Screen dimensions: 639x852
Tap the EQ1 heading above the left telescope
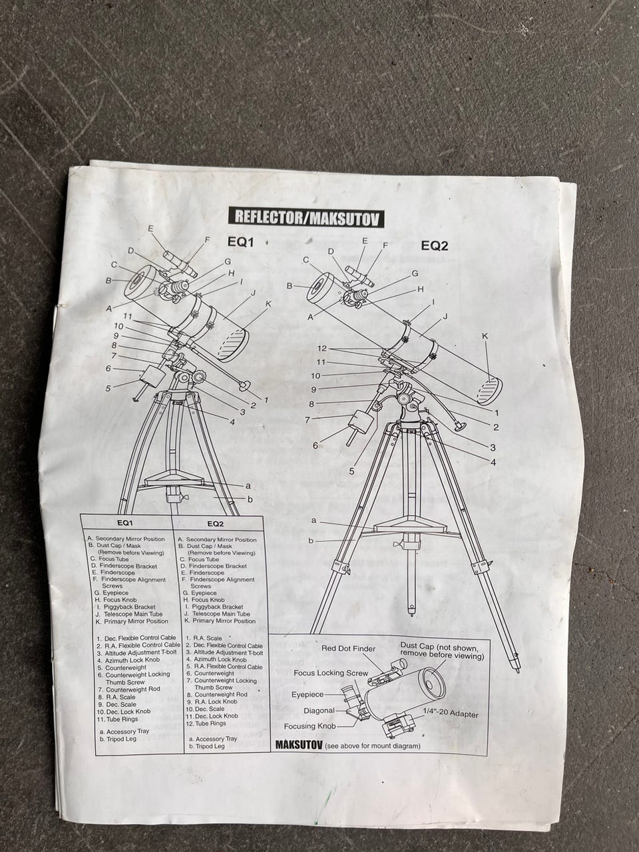click(240, 242)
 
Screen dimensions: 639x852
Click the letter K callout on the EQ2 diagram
click(485, 337)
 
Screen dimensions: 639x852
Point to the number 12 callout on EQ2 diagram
click(322, 348)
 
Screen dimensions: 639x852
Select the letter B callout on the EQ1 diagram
click(109, 280)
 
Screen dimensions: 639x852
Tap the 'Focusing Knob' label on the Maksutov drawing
click(310, 726)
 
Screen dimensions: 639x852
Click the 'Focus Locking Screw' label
click(331, 673)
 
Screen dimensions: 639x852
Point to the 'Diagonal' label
click(319, 710)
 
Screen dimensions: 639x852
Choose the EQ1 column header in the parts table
click(125, 523)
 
